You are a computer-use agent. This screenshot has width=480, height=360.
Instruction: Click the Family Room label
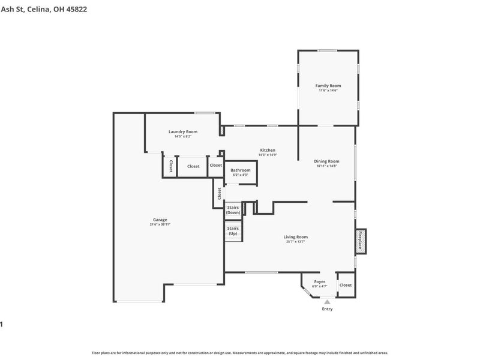click(x=328, y=86)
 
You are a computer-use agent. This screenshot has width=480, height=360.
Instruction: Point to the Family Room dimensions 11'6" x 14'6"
click(x=328, y=91)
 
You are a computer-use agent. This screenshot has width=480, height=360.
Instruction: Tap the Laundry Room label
click(x=183, y=131)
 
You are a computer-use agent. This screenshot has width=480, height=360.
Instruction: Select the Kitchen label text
click(x=268, y=150)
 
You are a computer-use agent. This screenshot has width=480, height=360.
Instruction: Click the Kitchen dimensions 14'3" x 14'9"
click(x=268, y=155)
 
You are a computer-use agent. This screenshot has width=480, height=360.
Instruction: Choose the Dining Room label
click(x=327, y=161)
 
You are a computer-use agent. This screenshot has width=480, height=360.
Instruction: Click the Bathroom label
click(x=241, y=170)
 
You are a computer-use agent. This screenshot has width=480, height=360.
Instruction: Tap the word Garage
click(x=160, y=220)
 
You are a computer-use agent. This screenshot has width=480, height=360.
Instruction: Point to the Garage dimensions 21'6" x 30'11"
click(x=160, y=224)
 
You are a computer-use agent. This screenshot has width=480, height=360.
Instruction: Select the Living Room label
click(x=296, y=237)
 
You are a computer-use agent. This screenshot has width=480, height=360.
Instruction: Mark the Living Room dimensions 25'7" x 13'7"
click(x=296, y=242)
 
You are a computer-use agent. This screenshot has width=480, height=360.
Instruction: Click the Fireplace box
click(x=360, y=241)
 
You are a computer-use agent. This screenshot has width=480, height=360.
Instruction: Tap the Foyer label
click(x=320, y=281)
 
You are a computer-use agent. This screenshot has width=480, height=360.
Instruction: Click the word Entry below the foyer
click(x=327, y=309)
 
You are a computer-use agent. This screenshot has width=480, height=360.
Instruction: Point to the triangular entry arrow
click(x=327, y=302)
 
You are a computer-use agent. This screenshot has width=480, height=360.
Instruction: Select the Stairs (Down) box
click(x=233, y=210)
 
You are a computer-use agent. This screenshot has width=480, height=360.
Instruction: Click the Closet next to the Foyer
click(x=346, y=286)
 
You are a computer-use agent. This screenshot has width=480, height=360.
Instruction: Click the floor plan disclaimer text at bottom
click(x=240, y=353)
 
